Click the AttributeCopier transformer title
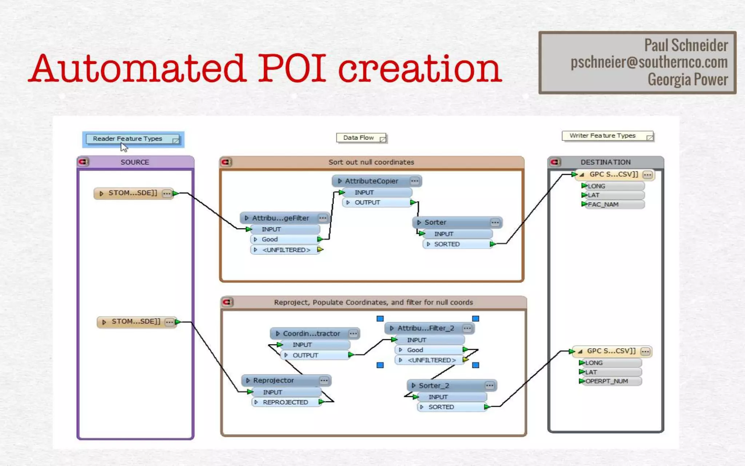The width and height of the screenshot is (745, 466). point(371,181)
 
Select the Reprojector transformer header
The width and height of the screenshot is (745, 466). point(274,380)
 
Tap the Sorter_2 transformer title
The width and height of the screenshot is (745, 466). point(434,386)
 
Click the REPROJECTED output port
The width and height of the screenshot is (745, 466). point(286,402)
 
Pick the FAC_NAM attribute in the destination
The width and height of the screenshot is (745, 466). point(603,205)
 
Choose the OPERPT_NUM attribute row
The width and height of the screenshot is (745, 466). point(606,381)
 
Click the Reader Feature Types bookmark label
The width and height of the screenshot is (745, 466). point(128,139)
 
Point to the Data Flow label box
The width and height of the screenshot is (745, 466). point(359,138)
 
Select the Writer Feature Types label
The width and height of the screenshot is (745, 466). point(602,136)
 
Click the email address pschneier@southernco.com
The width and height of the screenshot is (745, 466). point(649,62)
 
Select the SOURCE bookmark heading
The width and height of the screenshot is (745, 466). point(135,162)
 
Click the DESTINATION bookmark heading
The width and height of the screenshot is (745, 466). point(605,162)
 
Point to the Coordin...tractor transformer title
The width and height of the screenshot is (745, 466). point(311,333)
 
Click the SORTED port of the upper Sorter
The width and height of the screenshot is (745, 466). point(447,244)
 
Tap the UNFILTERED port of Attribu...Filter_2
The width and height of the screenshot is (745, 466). point(431,360)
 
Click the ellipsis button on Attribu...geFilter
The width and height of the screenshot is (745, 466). point(323,218)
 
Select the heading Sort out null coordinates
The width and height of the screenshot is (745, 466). point(371,162)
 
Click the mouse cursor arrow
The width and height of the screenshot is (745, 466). point(124,147)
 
